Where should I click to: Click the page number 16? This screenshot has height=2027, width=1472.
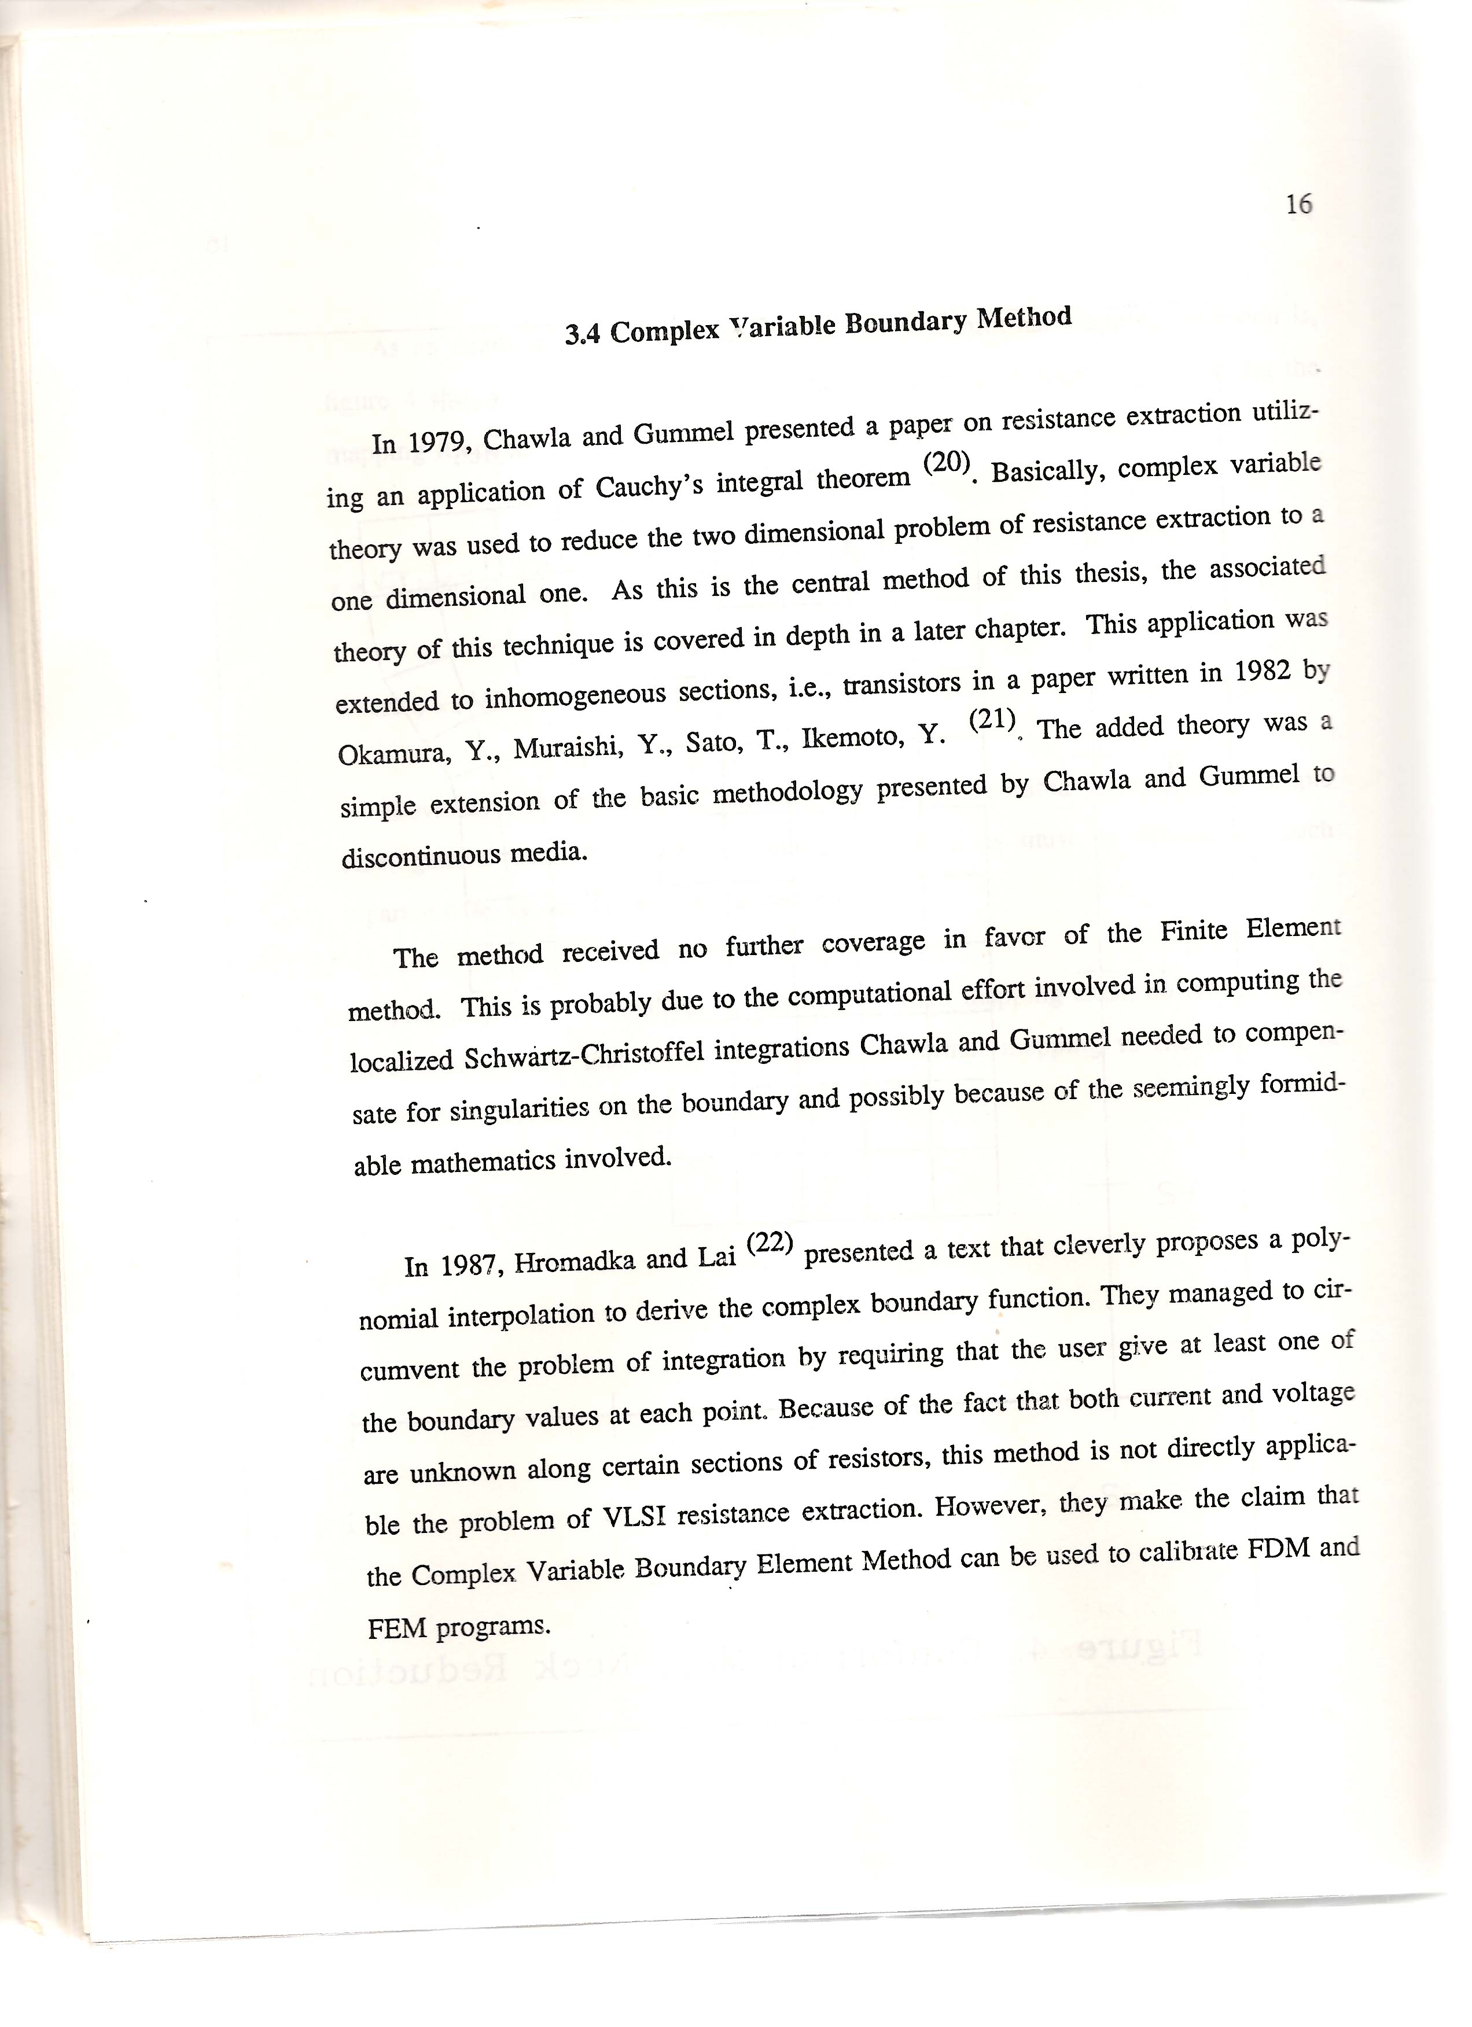pyautogui.click(x=1298, y=205)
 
